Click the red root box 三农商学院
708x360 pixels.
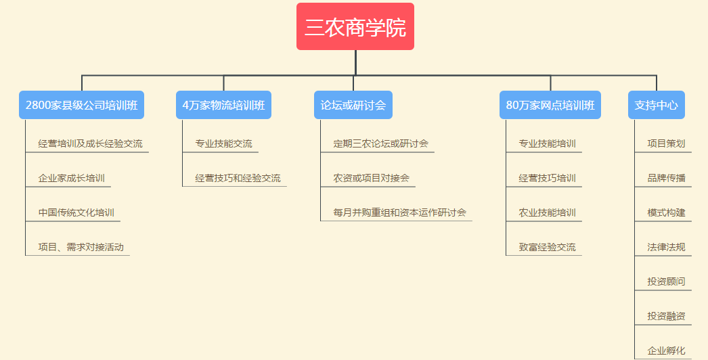355,26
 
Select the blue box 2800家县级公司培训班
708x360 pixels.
82,106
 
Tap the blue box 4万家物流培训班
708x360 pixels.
223,106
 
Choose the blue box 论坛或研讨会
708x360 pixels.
353,106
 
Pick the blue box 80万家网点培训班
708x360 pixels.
550,106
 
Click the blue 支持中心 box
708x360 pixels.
657,106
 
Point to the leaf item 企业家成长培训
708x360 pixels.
71,178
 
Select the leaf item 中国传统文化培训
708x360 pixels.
76,212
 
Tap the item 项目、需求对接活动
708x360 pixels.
81,247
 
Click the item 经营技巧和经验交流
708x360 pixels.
238,178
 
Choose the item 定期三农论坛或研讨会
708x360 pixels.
380,143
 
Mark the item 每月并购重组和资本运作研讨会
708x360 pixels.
399,212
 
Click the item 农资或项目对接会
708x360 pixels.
371,178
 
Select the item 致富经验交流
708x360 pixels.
548,247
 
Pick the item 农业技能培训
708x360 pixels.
548,212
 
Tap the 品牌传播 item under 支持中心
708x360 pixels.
667,178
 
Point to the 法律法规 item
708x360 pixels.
667,247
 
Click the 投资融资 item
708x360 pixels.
667,316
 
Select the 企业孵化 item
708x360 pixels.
667,351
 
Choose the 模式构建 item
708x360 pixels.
667,212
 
